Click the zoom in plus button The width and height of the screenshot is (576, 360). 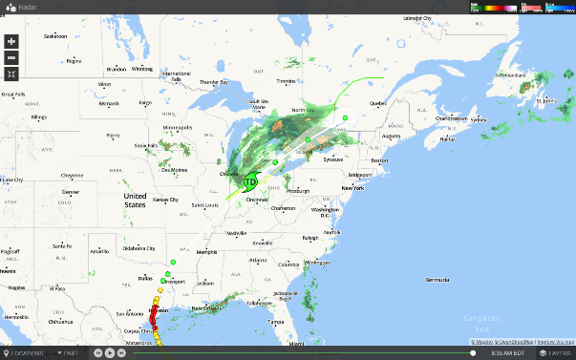coord(11,42)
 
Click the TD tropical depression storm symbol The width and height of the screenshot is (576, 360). coord(250,180)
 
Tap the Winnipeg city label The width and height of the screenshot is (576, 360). coord(142,69)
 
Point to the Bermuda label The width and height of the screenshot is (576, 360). coord(437,279)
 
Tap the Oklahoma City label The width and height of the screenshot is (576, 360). coord(143,251)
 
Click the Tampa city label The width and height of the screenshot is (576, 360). coord(277,322)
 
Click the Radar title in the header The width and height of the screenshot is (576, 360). coord(27,7)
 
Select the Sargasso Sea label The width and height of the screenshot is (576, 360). coord(475,320)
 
